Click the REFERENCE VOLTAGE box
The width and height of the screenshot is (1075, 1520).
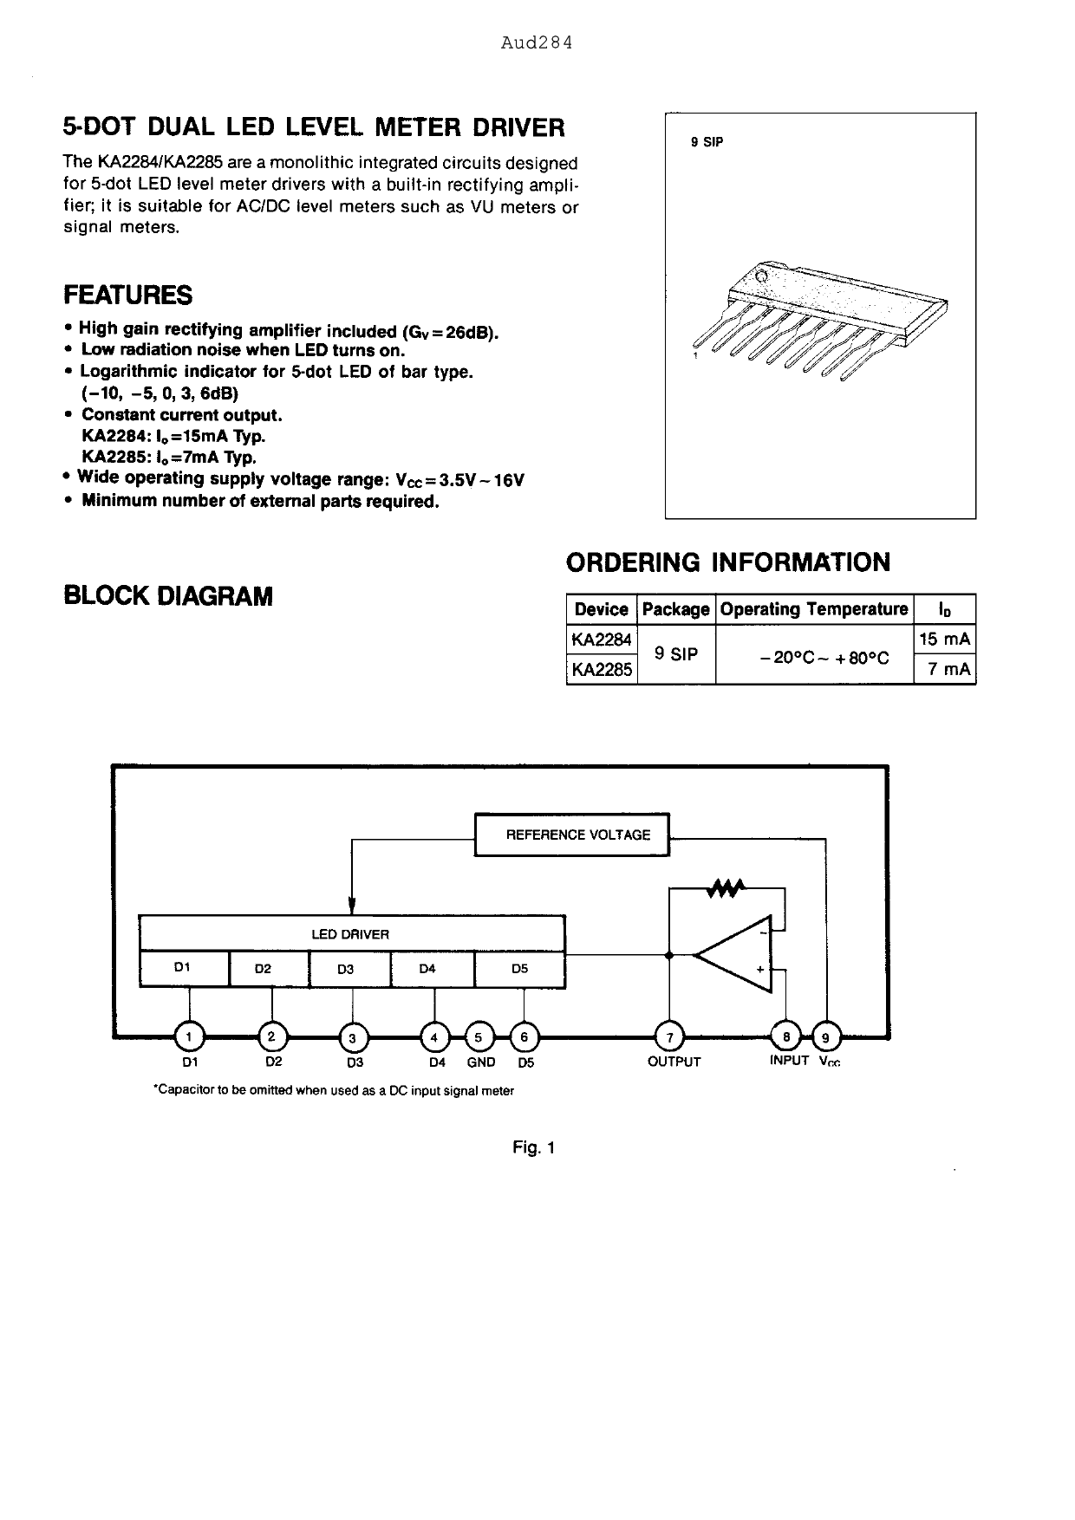point(572,835)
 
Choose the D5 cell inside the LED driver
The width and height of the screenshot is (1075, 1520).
point(519,969)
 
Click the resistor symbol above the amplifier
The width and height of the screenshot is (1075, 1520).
point(726,887)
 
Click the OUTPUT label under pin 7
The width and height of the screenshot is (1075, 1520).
point(674,1062)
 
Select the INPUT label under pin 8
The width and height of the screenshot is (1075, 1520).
point(788,1061)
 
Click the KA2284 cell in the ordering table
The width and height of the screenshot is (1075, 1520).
point(601,640)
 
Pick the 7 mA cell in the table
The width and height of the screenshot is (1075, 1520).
point(945,669)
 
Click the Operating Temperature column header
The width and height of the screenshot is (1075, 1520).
point(814,609)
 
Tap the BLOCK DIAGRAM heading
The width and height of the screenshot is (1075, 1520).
point(168,596)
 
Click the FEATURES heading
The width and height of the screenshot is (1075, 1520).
point(128,296)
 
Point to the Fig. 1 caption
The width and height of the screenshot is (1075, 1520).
point(533,1148)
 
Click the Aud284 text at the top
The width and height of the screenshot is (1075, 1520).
point(537,43)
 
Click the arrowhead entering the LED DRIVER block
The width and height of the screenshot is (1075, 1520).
point(352,906)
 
